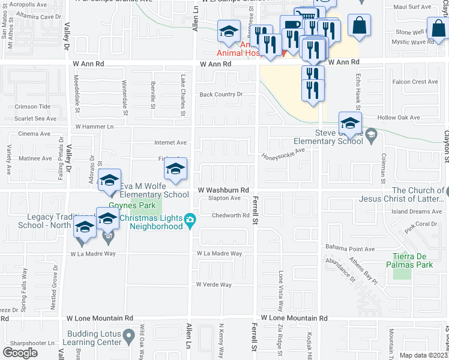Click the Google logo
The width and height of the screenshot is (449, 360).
pos(20,353)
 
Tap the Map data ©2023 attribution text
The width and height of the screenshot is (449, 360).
pos(424,355)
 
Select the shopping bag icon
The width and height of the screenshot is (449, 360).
pos(359,25)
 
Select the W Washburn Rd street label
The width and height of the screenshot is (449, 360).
pos(223,190)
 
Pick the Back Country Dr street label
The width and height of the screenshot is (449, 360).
pos(221,94)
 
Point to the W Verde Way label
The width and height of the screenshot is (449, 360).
pos(213,284)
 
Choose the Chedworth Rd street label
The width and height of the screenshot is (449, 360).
pos(230,216)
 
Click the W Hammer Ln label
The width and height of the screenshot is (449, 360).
pos(94,127)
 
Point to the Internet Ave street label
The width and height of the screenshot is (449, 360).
pos(170,143)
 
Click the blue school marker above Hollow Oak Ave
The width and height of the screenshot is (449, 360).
pos(350,124)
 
